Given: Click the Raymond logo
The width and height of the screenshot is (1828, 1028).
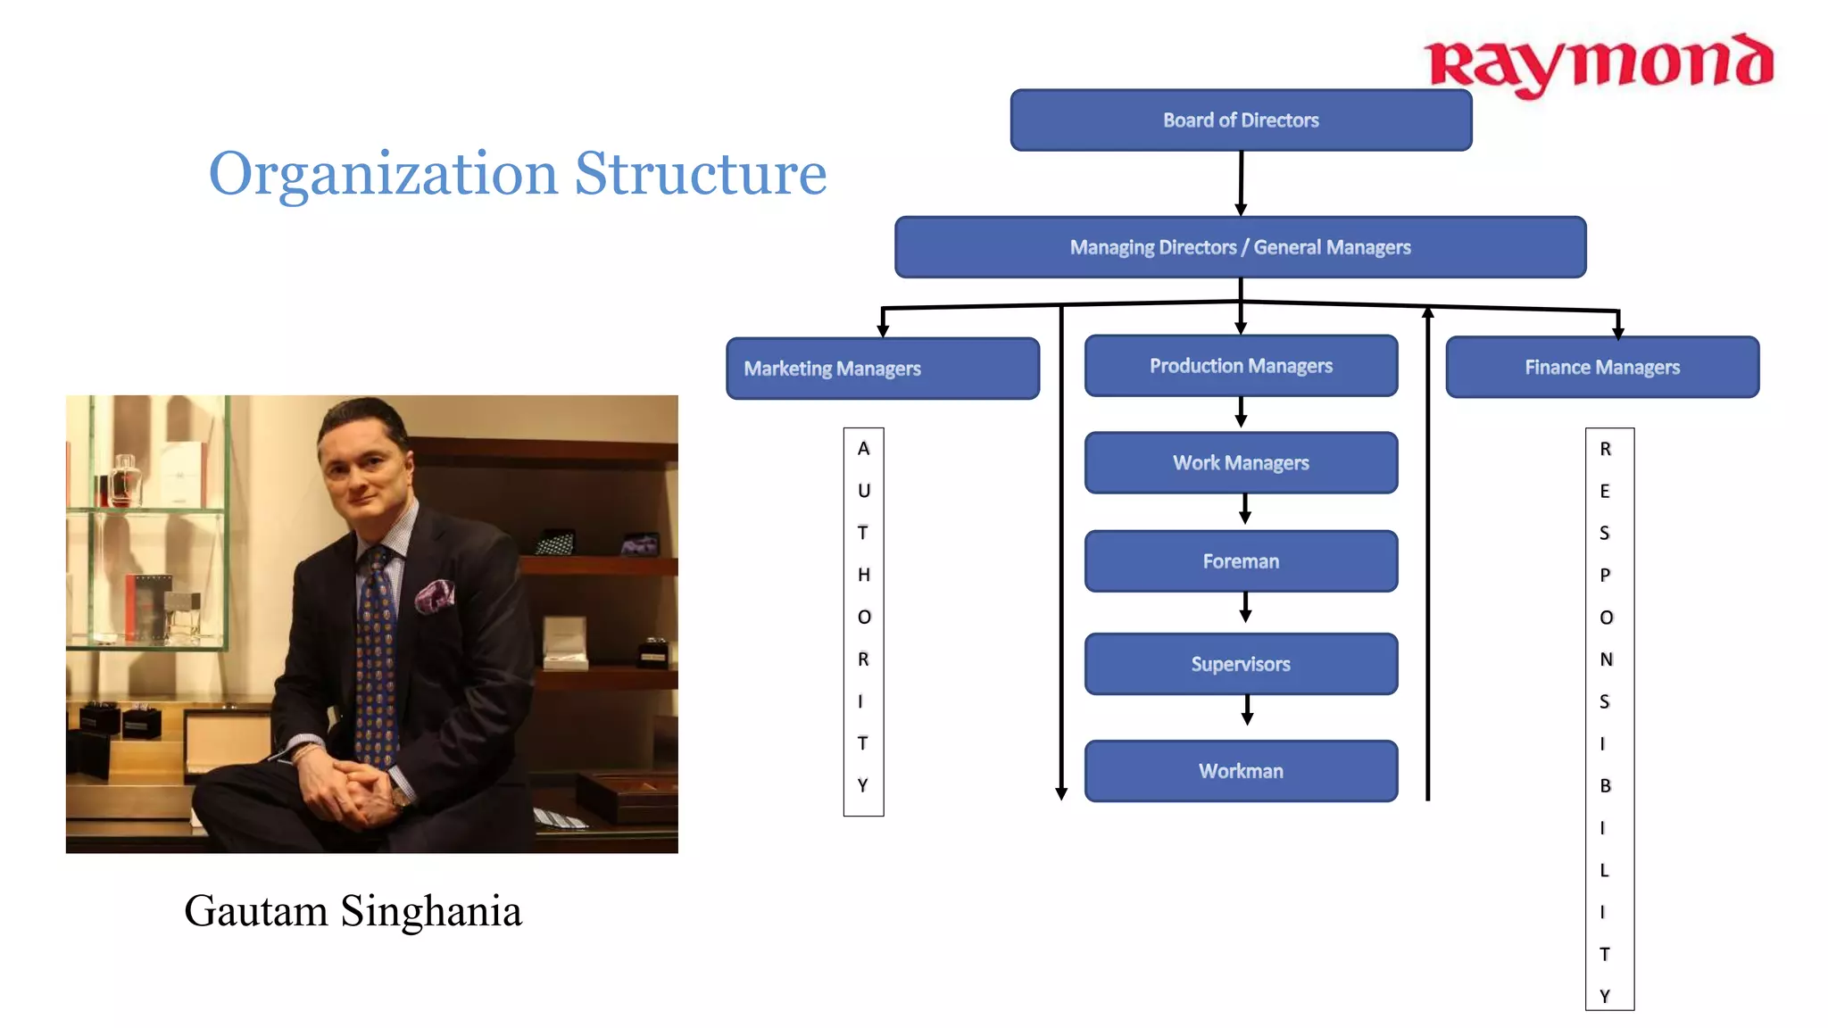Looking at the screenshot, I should click(1598, 64).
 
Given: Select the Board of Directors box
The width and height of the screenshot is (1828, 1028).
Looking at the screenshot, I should click(1241, 120).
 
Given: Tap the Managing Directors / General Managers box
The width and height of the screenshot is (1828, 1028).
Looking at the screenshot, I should click(1241, 247).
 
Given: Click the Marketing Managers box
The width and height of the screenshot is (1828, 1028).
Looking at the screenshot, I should click(882, 369).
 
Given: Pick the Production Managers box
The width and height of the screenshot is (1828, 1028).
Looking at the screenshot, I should click(1241, 366).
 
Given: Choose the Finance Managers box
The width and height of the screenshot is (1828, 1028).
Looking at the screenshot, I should click(1602, 367).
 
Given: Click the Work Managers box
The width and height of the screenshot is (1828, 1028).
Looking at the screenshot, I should click(1241, 463).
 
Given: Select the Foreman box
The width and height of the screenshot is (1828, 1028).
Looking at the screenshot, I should click(1241, 561).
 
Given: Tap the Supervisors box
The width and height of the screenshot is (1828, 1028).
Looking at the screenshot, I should click(1241, 664).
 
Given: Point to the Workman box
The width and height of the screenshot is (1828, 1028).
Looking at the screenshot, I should click(1241, 771).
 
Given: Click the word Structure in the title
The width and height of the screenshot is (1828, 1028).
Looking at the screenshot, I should click(700, 173).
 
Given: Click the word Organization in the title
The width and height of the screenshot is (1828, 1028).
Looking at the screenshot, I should click(384, 175).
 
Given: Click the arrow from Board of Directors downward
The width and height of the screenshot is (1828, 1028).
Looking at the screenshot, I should click(1241, 183).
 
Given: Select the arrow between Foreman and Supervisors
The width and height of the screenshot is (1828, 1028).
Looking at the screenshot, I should click(1246, 608).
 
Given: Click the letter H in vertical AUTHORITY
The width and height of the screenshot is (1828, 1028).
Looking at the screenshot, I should click(863, 575).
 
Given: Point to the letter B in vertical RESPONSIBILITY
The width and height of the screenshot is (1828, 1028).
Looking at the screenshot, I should click(1605, 786).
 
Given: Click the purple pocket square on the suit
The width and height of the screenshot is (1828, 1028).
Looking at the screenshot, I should click(435, 594).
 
